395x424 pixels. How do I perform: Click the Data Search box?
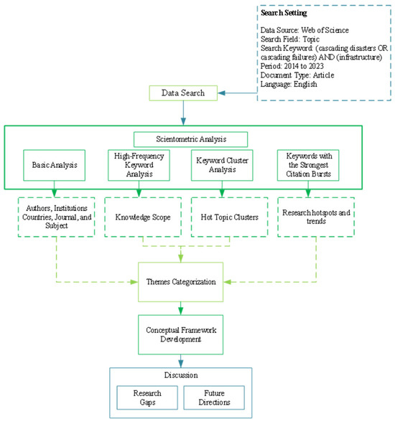pos(182,93)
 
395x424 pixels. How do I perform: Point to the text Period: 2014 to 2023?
pos(295,65)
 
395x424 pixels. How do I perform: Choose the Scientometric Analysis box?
pos(191,139)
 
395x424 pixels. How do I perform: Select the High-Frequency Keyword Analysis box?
pos(138,164)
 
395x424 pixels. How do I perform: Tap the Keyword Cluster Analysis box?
pos(222,164)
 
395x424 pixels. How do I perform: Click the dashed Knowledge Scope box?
pos(138,215)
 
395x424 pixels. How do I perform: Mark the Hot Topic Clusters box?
pos(222,215)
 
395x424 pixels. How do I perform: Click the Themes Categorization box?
pos(181,281)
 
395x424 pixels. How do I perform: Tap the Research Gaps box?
pos(147,397)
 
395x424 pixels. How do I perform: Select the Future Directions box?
pos(214,397)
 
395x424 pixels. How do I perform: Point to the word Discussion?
pos(180,376)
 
